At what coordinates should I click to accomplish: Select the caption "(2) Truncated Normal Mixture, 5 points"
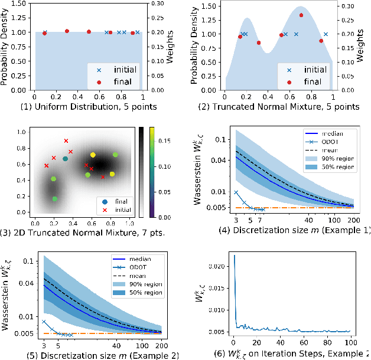tap(279, 106)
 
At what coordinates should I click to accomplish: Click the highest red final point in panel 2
tap(301, 15)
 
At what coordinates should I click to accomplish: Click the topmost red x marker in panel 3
tap(66, 140)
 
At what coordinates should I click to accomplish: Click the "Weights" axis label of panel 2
tap(361, 47)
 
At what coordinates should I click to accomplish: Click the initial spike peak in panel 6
tap(234, 256)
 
